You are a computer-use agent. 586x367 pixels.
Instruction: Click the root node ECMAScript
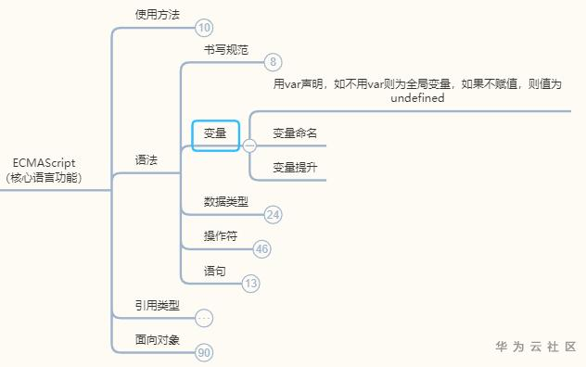pyautogui.click(x=44, y=169)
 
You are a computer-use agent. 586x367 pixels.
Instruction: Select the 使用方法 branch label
pyautogui.click(x=158, y=14)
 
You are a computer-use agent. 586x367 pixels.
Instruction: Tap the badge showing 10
pyautogui.click(x=205, y=28)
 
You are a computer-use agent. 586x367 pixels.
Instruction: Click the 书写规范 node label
pyautogui.click(x=226, y=49)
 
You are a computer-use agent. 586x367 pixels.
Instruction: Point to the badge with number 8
pyautogui.click(x=273, y=62)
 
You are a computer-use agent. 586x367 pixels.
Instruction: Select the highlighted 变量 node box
pyautogui.click(x=215, y=134)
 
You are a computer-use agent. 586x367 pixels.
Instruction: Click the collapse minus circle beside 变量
pyautogui.click(x=249, y=145)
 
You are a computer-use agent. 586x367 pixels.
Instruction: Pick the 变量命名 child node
pyautogui.click(x=296, y=133)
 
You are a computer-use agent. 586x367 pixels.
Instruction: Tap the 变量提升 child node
pyautogui.click(x=296, y=168)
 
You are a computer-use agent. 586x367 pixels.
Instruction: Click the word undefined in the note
pyautogui.click(x=417, y=97)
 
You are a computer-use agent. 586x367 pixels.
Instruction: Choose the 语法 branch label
pyautogui.click(x=146, y=159)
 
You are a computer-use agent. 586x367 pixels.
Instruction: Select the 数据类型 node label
pyautogui.click(x=226, y=201)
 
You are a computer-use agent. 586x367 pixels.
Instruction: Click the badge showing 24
pyautogui.click(x=274, y=215)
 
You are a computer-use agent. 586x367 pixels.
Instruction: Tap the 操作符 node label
pyautogui.click(x=221, y=235)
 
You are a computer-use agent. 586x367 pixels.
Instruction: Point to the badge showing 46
pyautogui.click(x=262, y=249)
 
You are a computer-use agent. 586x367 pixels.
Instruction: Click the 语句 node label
pyautogui.click(x=215, y=271)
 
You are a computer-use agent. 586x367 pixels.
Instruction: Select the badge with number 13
pyautogui.click(x=251, y=285)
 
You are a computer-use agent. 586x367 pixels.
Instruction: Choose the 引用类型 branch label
pyautogui.click(x=158, y=305)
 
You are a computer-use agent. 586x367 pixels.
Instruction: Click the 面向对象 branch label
pyautogui.click(x=158, y=339)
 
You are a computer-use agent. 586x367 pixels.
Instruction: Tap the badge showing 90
pyautogui.click(x=205, y=353)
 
